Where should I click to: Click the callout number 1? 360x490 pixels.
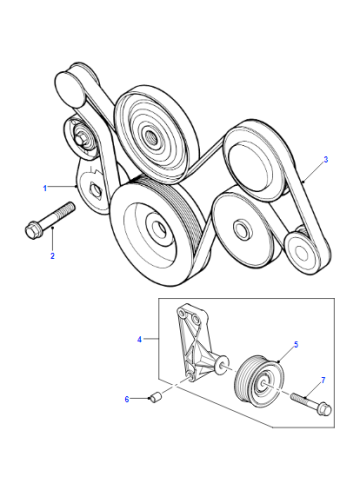[x=45, y=188]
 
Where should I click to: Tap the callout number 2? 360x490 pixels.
[x=52, y=256]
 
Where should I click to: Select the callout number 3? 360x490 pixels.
[x=326, y=159]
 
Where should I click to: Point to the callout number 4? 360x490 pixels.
[x=139, y=339]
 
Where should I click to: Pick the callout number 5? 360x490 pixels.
[x=296, y=344]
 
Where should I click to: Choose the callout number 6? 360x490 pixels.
[x=127, y=399]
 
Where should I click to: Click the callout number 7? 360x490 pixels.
[x=323, y=380]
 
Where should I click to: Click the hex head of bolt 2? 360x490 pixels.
[x=31, y=230]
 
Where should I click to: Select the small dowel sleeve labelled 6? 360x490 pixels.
[x=155, y=398]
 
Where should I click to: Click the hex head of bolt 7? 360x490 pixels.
[x=325, y=409]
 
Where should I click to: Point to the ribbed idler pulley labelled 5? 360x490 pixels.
[x=259, y=380]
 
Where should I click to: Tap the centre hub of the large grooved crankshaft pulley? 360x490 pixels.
[x=158, y=227]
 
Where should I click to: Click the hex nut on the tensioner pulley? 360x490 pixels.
[x=80, y=139]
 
